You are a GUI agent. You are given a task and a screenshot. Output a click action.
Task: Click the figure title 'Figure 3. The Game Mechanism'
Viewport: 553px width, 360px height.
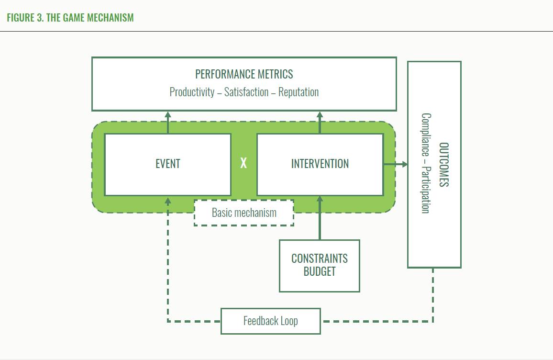coord(70,18)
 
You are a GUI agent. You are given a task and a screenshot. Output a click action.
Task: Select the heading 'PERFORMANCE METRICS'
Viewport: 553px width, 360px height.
coord(244,75)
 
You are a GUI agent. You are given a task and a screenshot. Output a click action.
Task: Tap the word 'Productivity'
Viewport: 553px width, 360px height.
coord(192,92)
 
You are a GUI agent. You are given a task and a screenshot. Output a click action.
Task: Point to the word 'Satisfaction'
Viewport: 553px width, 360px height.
coord(246,92)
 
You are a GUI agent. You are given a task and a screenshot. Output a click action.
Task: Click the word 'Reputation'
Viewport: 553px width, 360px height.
coord(299,92)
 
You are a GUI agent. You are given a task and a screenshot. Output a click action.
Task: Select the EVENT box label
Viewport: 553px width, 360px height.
coord(168,164)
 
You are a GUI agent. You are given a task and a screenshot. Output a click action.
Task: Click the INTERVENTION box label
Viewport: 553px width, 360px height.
coord(320,164)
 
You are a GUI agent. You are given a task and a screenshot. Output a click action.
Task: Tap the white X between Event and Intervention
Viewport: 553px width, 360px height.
coord(243,164)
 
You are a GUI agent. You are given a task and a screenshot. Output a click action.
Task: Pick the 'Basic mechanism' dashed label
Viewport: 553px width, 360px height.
coord(244,213)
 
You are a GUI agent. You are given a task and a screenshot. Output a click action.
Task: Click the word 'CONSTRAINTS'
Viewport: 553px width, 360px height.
coord(320,259)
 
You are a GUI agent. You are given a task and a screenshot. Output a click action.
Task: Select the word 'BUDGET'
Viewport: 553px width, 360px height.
coord(320,272)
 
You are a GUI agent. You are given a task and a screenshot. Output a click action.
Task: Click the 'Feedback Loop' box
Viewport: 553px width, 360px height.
coord(270,321)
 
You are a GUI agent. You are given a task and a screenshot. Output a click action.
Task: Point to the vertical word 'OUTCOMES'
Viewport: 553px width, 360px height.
coord(444,164)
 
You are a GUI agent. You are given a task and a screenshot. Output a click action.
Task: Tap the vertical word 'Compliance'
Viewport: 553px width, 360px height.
coord(426,135)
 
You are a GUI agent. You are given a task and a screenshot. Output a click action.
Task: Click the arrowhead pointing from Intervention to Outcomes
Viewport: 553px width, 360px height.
coord(405,164)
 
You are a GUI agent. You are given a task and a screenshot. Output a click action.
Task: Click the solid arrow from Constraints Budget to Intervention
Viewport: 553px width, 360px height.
coord(320,218)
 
